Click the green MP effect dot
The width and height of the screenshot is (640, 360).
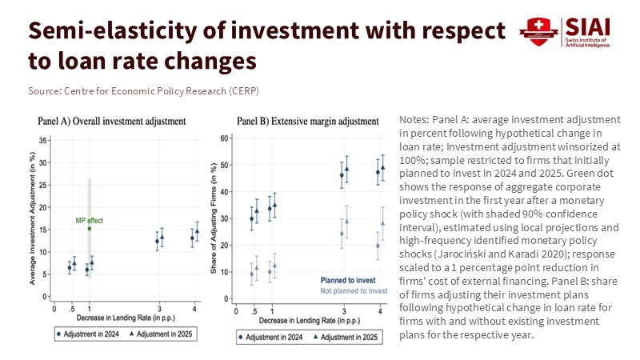(90, 229)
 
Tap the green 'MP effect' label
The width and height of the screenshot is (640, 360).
(90, 220)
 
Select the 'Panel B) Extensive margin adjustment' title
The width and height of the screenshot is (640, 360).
(307, 122)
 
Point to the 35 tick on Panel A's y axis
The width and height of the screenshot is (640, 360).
(42, 140)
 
